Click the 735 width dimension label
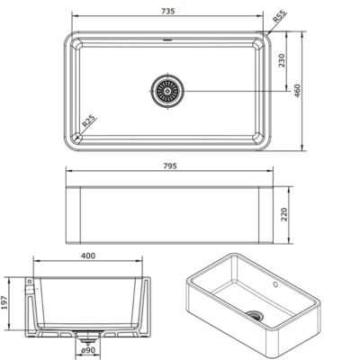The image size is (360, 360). coord(168,11)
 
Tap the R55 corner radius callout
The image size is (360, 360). coord(280,16)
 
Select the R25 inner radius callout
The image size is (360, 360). coord(90,121)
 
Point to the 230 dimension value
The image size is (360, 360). coord(282,60)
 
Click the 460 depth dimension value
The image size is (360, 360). coord(297,91)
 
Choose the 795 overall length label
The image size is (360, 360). coord(169,166)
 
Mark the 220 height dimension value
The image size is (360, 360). coord(284,214)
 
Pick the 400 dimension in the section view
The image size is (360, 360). coord(88,256)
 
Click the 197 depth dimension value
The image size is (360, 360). coord(4,303)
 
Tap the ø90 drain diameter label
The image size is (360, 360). coord(88,350)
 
